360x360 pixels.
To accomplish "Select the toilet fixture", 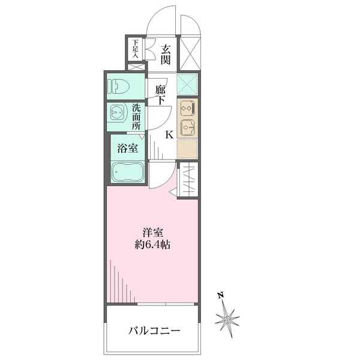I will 119,86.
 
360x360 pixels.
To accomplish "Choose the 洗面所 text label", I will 136,118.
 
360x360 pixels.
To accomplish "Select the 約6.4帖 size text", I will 152,245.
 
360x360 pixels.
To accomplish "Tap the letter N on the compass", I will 221,295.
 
